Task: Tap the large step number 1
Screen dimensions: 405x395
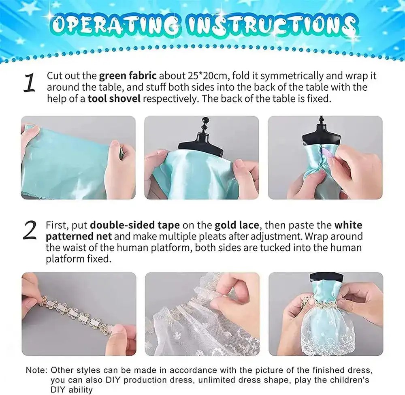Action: (x=30, y=83)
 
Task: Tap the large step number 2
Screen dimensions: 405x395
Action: (x=30, y=231)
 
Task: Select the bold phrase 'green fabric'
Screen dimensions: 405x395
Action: (x=128, y=76)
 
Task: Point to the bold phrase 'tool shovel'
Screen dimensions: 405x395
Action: (x=114, y=99)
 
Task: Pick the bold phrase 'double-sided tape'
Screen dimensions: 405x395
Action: (x=135, y=225)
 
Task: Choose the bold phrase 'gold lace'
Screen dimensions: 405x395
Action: (x=237, y=225)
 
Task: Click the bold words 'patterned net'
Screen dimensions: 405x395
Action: (x=79, y=236)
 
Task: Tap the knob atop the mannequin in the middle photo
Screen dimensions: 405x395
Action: (x=206, y=120)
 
